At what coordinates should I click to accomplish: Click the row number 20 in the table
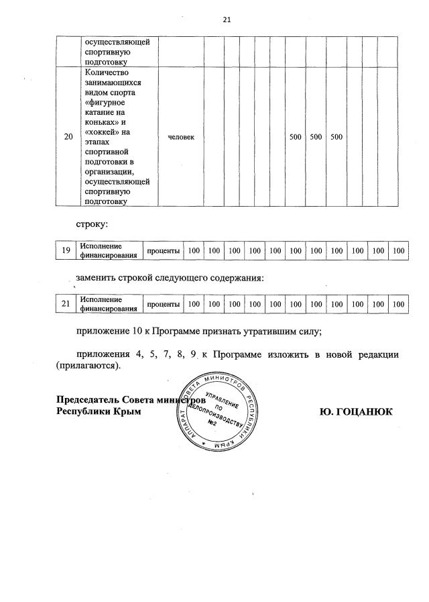click(x=68, y=138)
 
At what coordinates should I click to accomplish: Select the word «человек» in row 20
click(x=181, y=137)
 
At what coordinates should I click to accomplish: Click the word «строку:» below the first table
click(x=91, y=220)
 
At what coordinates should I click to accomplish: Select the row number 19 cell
click(x=66, y=250)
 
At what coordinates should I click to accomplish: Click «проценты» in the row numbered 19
click(x=164, y=250)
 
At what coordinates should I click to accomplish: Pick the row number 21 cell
click(x=66, y=304)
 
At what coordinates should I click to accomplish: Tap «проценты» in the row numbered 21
click(x=164, y=304)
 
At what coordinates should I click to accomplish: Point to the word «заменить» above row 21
click(x=100, y=278)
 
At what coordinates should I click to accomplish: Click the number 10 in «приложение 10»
click(x=141, y=330)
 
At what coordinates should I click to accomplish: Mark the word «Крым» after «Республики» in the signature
click(x=128, y=411)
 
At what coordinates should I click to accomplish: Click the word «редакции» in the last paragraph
click(x=377, y=354)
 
